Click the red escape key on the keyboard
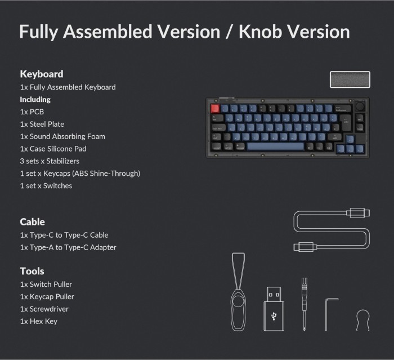(215, 108)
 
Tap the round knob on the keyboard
(360, 105)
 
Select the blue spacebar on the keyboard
(276, 146)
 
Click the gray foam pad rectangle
(350, 79)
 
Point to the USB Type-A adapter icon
(274, 309)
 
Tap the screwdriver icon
(305, 304)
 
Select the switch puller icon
(238, 292)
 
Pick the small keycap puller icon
(363, 320)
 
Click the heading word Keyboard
(42, 74)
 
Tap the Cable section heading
(33, 222)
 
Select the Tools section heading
(32, 271)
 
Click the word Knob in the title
(260, 32)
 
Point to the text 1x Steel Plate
(42, 124)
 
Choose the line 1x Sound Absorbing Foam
(62, 136)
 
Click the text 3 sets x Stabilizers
(50, 161)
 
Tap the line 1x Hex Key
(39, 321)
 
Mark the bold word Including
(35, 99)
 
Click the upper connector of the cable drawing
(358, 213)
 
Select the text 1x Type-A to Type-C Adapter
(68, 247)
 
